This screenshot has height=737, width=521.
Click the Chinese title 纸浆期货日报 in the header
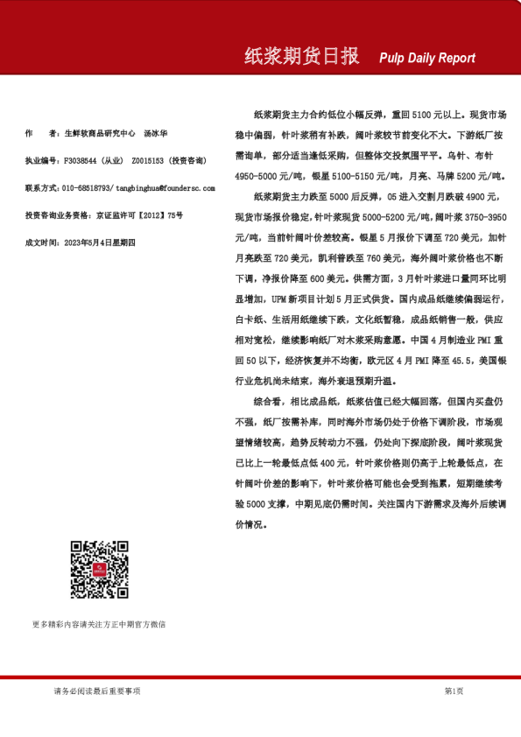(x=301, y=57)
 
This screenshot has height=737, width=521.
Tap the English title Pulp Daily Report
(x=427, y=59)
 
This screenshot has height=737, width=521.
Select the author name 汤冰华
(x=156, y=134)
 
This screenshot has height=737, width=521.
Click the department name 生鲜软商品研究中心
(x=101, y=134)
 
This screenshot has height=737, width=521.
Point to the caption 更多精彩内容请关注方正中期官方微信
(x=99, y=624)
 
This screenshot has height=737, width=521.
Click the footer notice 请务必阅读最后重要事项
(x=96, y=691)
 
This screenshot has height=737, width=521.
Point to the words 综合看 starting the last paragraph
(x=266, y=402)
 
